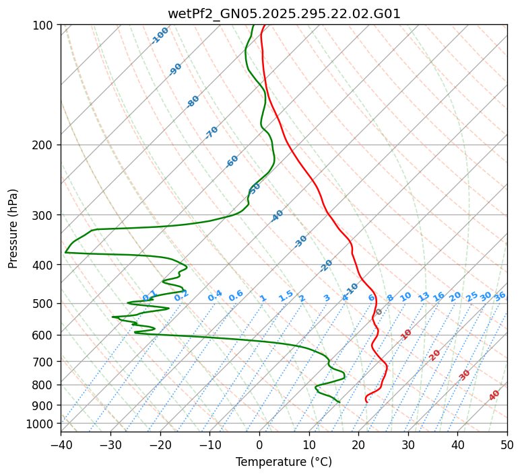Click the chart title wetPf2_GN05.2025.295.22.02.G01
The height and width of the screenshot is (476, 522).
[284, 13]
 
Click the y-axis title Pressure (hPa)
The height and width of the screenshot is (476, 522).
[13, 228]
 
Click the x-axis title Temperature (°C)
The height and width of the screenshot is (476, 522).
[284, 462]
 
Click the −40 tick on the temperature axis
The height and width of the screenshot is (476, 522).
[61, 444]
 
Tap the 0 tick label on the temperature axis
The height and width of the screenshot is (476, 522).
[259, 444]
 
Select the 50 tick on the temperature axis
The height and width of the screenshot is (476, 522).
[507, 444]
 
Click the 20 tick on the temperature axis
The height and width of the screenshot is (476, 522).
[358, 444]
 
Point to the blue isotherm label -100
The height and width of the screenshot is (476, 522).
[160, 35]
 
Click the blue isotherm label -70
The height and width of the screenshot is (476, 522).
[211, 132]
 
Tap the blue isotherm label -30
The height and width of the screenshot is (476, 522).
[300, 241]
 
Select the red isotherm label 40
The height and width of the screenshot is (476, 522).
[494, 395]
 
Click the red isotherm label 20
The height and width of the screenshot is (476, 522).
[435, 354]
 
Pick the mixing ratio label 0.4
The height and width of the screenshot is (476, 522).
[215, 296]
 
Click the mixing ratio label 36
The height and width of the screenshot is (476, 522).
[500, 296]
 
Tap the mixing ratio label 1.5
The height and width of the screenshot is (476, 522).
[286, 296]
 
